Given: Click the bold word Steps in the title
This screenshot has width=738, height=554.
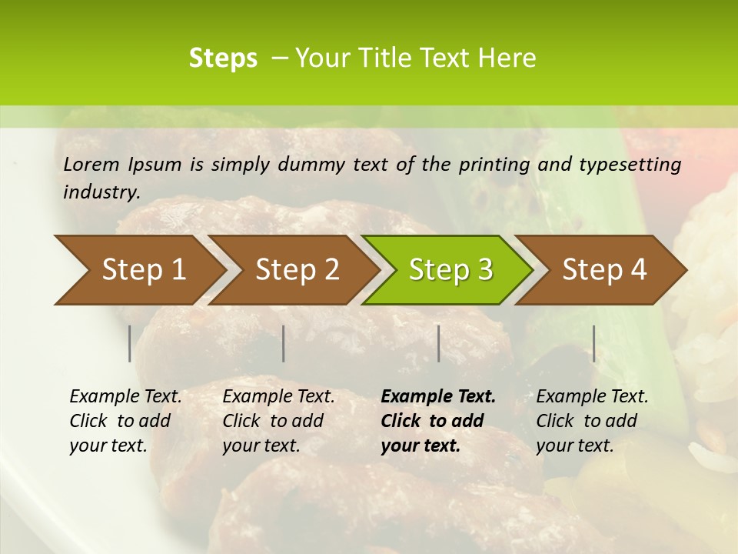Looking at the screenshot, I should point(223,58).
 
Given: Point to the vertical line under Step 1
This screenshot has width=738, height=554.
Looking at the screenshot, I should point(130,343).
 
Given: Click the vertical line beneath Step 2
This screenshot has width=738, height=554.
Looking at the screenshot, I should point(284,343).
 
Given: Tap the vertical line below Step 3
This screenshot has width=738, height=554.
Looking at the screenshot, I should point(438,343).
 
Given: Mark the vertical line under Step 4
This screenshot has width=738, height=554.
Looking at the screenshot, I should point(593,343).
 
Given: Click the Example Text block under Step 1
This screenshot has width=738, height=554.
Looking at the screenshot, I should point(125,421).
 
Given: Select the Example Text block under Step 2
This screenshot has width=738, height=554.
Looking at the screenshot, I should point(278,421).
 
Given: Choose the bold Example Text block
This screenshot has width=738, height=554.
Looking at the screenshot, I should point(437,421).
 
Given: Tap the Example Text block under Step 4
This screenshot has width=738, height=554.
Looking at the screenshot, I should point(592,421).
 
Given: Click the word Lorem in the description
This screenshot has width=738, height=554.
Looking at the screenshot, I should point(91,165).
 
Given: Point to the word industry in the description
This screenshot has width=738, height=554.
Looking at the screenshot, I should point(101,192).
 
